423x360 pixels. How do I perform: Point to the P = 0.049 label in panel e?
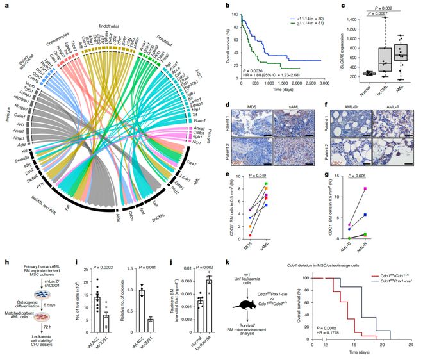[x=269, y=176]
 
